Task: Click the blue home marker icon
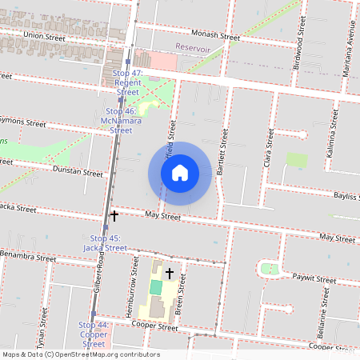tap(180, 173)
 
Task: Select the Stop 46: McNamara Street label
tap(121, 121)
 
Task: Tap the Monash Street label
tap(215, 36)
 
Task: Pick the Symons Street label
tap(22, 122)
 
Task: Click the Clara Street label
tap(270, 147)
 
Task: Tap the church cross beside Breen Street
tap(169, 274)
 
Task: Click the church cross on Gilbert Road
tap(114, 216)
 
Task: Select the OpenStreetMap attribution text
tap(81, 354)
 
